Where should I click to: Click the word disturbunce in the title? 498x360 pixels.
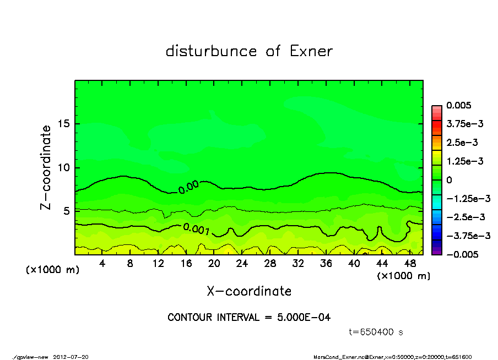tap(211, 51)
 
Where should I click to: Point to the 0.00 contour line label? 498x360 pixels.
tap(188, 187)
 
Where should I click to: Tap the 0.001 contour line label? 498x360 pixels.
tap(196, 229)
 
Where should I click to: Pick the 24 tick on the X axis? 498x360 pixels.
tap(242, 263)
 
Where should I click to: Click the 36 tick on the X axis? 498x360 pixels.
tap(326, 263)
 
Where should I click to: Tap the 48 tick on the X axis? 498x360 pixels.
tap(409, 263)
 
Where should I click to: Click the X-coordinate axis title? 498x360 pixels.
tap(249, 291)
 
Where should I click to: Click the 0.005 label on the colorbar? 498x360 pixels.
tap(458, 105)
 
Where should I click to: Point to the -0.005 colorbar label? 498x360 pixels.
tap(462, 254)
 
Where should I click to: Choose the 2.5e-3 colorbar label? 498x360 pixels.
tap(462, 143)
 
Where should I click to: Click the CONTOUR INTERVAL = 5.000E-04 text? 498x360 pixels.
tap(249, 318)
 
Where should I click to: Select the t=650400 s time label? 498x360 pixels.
tap(377, 332)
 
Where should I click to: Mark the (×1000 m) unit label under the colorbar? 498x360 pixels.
tap(403, 275)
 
